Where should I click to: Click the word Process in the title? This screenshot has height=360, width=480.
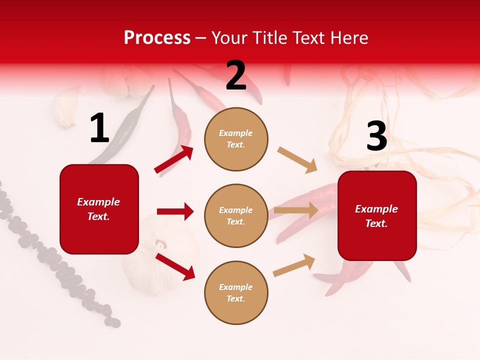click(x=157, y=38)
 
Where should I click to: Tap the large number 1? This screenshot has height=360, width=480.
click(x=99, y=128)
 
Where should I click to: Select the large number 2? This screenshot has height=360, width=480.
click(x=236, y=75)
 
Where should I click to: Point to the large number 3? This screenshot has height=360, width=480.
click(x=376, y=136)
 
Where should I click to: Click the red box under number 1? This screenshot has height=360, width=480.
click(x=99, y=209)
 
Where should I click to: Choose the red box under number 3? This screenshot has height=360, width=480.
click(x=377, y=215)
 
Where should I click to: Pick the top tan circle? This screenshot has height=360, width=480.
click(x=236, y=139)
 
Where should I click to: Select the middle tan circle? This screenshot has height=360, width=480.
click(x=236, y=215)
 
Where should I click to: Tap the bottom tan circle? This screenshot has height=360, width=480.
click(x=236, y=292)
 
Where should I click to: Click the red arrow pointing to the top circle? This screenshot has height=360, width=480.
click(x=174, y=159)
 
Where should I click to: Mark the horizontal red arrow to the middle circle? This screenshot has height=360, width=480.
click(x=175, y=211)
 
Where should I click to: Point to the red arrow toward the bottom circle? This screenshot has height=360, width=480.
click(x=175, y=266)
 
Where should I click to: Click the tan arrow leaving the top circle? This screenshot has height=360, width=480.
click(x=297, y=159)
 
